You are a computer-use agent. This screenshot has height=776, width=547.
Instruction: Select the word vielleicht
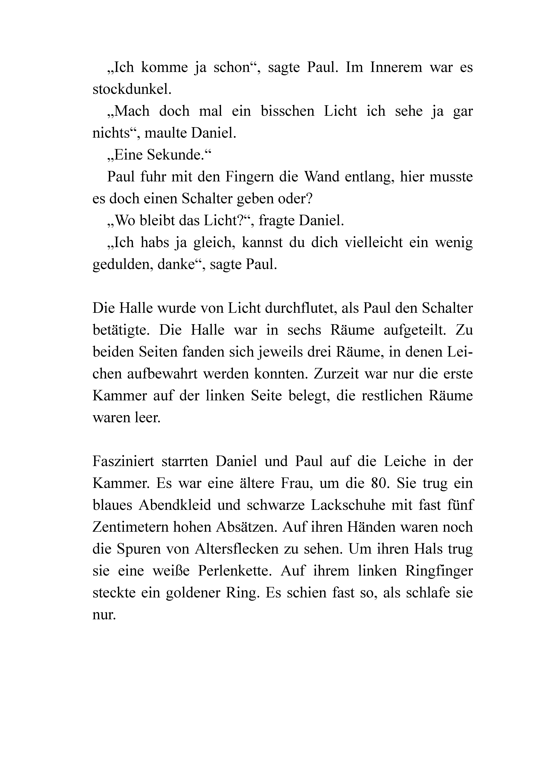click(374, 243)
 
